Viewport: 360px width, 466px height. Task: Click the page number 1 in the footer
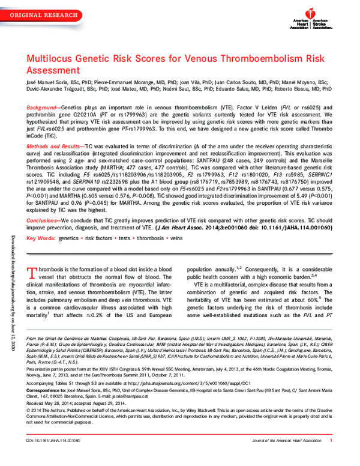point(331,457)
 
